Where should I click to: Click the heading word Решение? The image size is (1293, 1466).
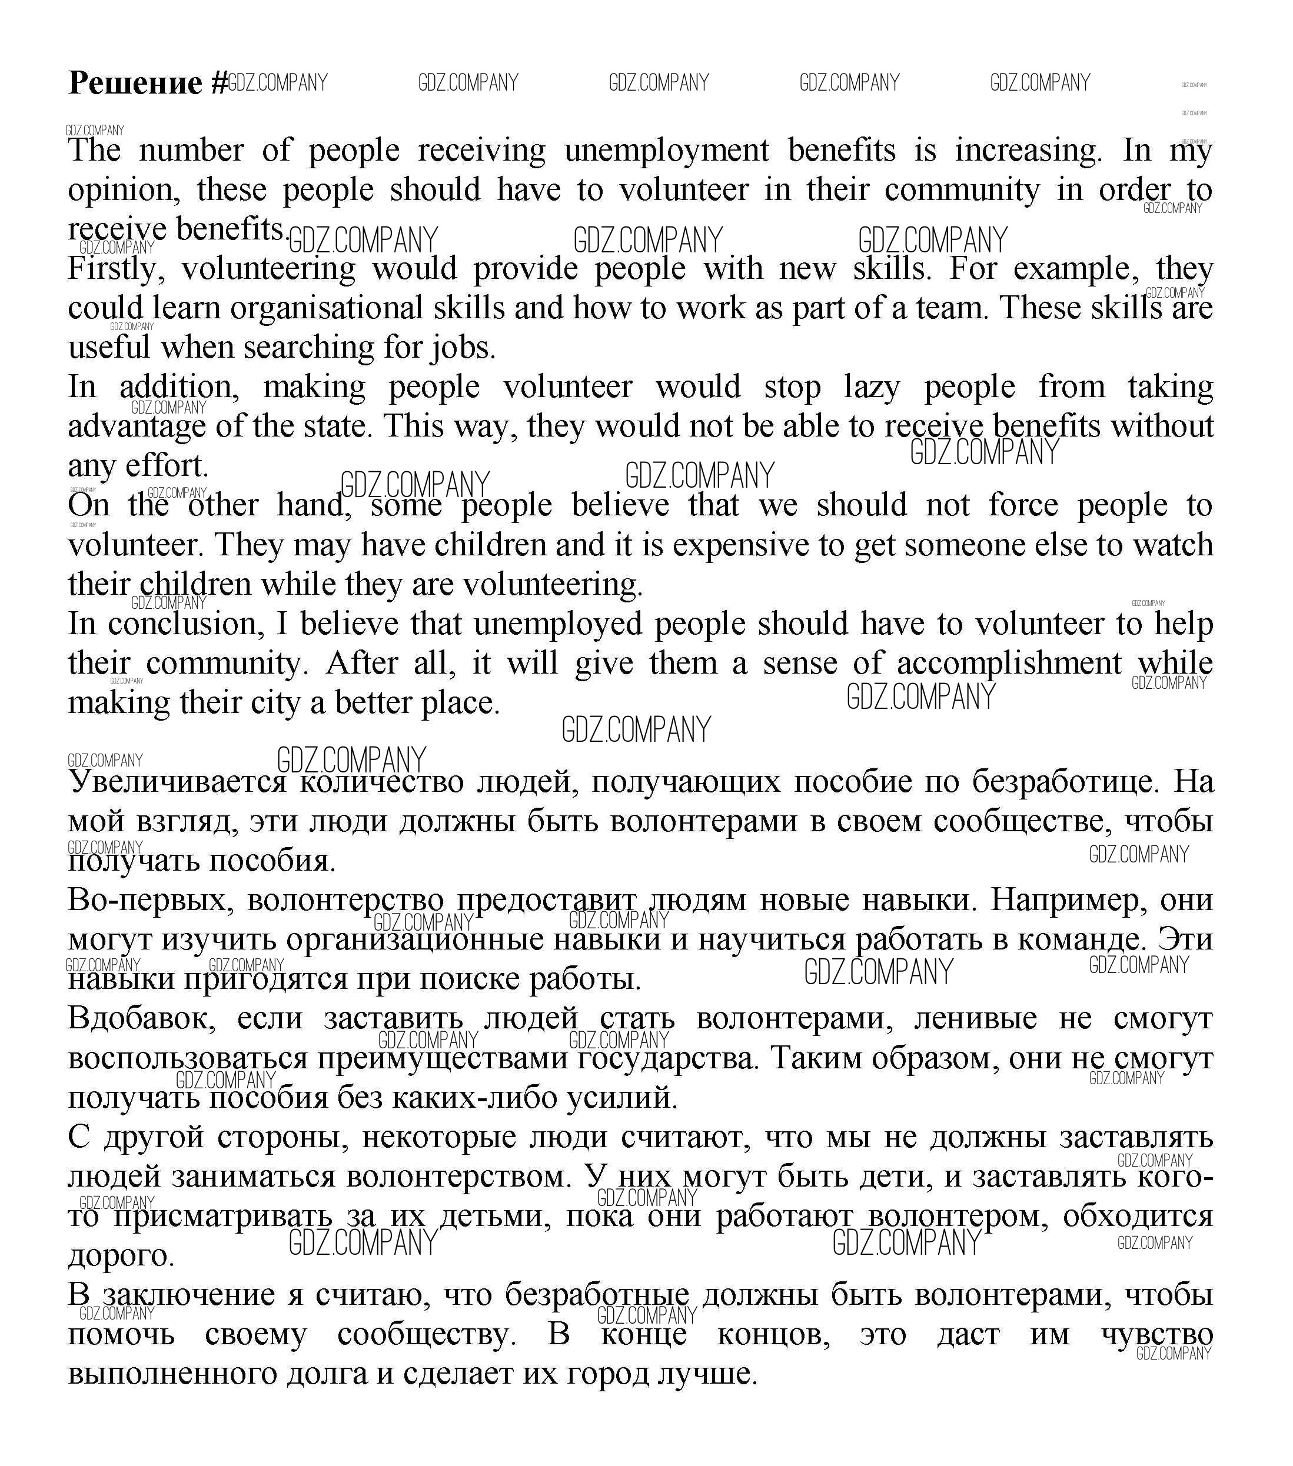pos(135,83)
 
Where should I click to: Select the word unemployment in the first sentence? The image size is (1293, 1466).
pos(666,151)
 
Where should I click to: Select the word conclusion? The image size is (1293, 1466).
pos(182,624)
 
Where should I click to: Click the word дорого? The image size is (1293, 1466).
pos(121,1255)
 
